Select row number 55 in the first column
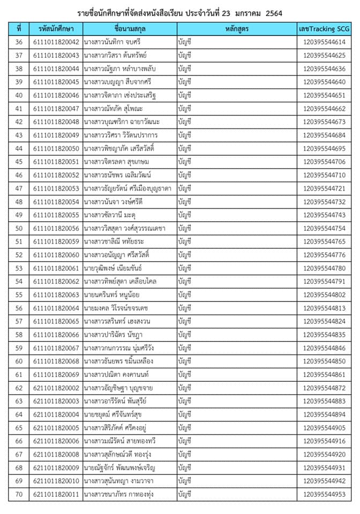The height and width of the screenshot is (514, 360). tap(19, 294)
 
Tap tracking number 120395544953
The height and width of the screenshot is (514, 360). tap(324, 494)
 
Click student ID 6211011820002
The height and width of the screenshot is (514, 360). tap(56, 388)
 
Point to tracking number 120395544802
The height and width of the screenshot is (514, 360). tap(324, 294)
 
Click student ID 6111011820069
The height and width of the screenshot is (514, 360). tap(56, 374)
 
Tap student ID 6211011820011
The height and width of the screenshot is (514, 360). tap(56, 494)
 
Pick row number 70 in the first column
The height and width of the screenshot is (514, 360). tap(19, 494)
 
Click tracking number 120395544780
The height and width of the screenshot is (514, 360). tap(324, 268)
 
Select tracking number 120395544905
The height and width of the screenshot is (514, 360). tap(324, 428)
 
